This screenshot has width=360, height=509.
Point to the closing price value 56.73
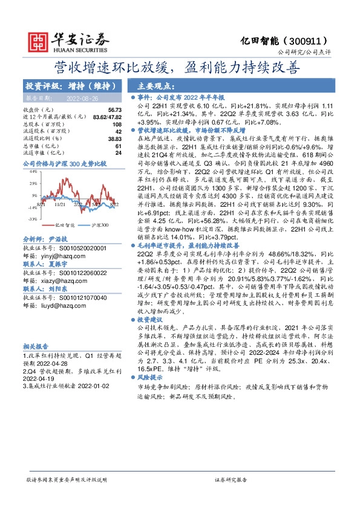114,109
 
